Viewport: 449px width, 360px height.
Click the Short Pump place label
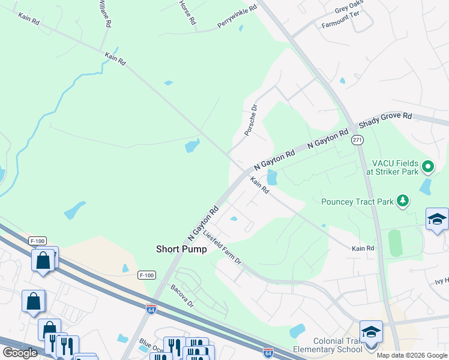[x=181, y=249]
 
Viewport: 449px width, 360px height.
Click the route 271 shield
[x=358, y=140]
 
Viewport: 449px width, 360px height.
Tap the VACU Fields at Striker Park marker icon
[x=428, y=166]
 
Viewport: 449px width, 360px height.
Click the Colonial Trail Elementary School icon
[x=371, y=332]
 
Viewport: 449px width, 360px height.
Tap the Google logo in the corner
[x=20, y=353]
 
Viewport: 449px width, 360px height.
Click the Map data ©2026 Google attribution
[x=412, y=355]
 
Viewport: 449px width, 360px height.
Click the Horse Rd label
[x=187, y=12]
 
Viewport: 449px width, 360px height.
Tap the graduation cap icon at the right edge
[x=437, y=220]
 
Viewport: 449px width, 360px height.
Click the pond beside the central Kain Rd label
[x=272, y=178]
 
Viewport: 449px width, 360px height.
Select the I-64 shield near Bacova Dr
[x=151, y=308]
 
